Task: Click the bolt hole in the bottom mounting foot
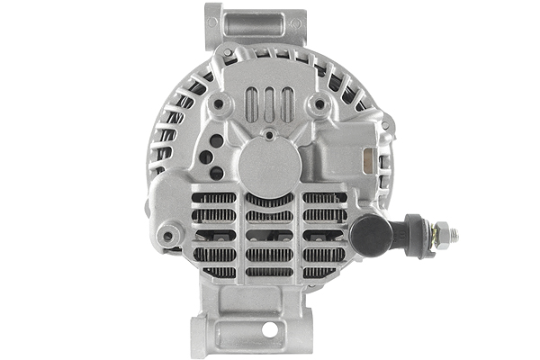pyautogui.click(x=269, y=330)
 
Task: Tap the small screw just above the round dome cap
pyautogui.click(x=270, y=135)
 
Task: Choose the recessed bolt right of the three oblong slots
pyautogui.click(x=317, y=106)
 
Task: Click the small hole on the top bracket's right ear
pyautogui.click(x=294, y=23)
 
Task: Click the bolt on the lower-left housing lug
pyautogui.click(x=167, y=238)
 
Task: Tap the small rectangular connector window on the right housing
pyautogui.click(x=366, y=160)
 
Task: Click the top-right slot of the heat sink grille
pyautogui.click(x=325, y=197)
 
